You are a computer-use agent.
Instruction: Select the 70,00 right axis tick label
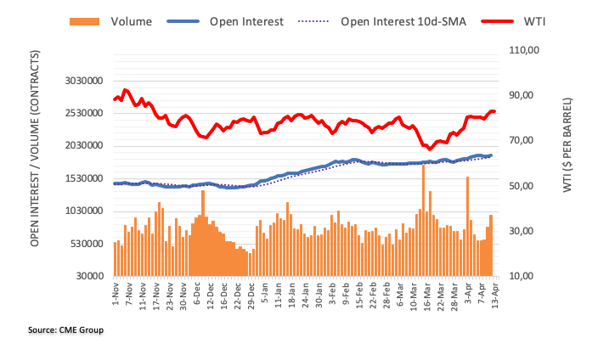pos(523,140)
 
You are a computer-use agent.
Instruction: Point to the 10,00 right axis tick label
pos(523,276)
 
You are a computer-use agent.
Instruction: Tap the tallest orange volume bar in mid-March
pos(423,221)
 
